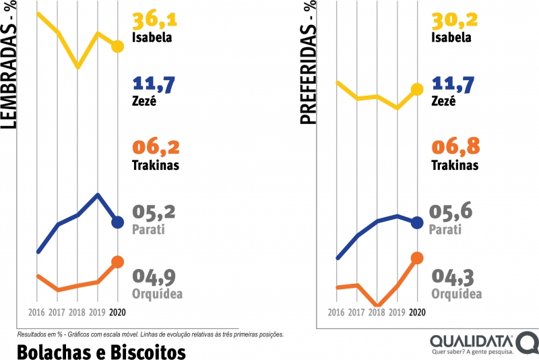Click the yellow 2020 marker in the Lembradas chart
coord(117,47)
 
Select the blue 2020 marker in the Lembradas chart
coord(117,222)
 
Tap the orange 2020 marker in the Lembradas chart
coord(117,262)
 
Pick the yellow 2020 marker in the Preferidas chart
coord(417,89)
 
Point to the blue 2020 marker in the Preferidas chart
coord(417,222)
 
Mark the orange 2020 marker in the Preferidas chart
coord(417,258)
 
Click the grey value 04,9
coord(156,277)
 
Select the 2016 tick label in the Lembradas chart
coord(37,313)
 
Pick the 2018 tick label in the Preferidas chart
coord(377,313)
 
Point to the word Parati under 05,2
coord(148,229)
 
